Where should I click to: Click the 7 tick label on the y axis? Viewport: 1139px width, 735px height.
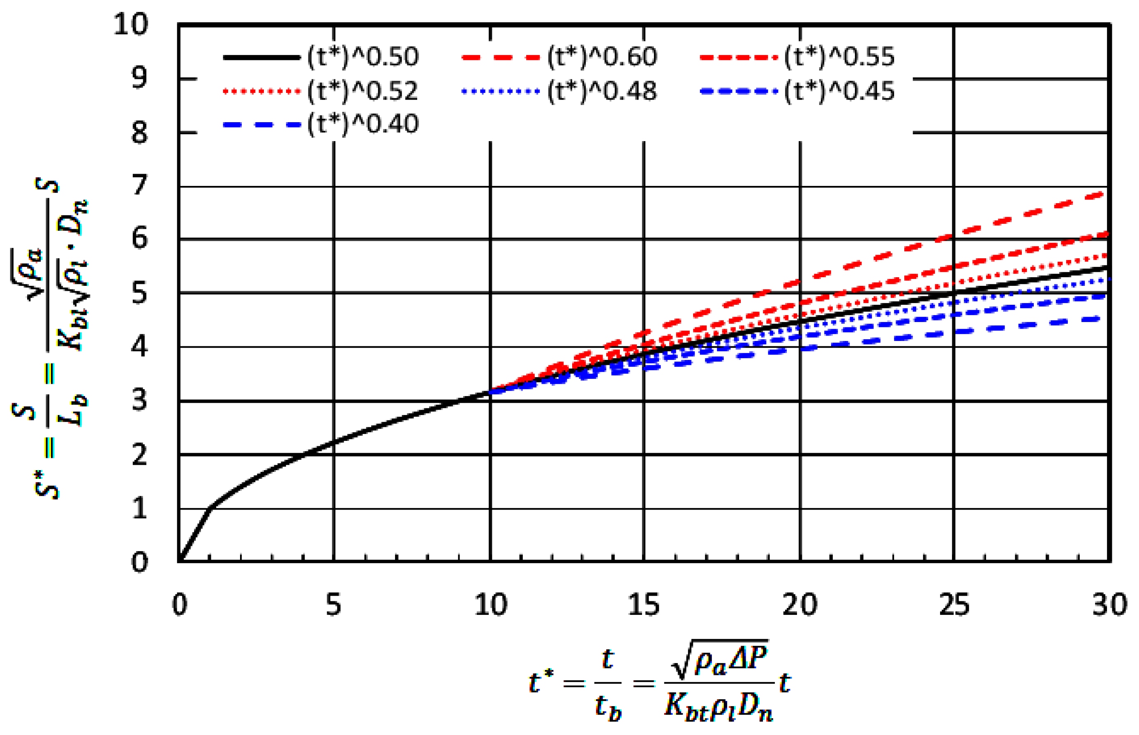139,185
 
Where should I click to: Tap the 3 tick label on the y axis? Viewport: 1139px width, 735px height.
139,401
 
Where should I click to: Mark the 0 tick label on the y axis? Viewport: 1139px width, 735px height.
139,562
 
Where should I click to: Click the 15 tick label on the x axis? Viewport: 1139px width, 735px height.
644,605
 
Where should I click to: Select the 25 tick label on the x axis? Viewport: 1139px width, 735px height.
954,605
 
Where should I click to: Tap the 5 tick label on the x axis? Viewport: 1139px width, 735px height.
333,605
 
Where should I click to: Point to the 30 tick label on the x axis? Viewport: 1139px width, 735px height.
1109,605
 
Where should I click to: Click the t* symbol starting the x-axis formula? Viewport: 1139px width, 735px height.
541,682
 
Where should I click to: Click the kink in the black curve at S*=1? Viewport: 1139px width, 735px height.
210,508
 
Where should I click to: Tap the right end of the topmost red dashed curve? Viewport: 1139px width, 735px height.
1103,193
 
